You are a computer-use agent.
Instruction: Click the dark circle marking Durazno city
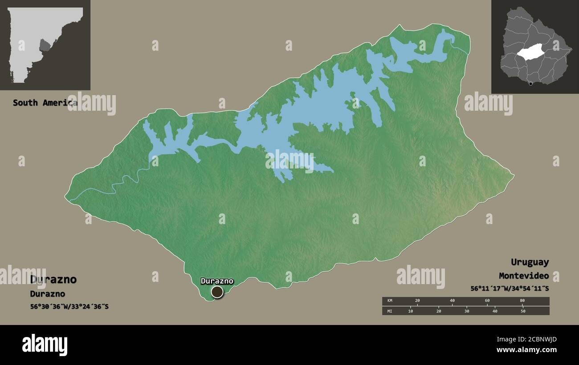pos(217,292)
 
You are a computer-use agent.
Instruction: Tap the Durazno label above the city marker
pos(217,281)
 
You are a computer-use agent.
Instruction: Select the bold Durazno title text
pos(53,280)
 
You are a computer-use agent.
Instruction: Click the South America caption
pos(45,103)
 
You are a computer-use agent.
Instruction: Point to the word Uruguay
pos(530,262)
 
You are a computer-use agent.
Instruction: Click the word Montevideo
pos(524,276)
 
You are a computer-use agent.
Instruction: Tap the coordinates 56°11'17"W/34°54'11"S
pos(510,289)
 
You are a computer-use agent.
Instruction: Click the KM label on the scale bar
pos(390,301)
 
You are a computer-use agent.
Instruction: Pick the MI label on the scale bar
pos(390,311)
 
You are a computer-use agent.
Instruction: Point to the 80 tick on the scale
pos(522,301)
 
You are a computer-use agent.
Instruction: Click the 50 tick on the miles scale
pos(523,311)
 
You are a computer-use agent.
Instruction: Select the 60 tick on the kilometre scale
pos(487,301)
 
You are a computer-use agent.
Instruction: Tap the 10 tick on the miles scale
pos(410,311)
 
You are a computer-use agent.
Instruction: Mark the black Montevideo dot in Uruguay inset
pos(530,84)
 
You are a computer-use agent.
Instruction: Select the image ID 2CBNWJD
pos(534,340)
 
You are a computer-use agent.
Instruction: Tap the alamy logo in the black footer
pos(45,345)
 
